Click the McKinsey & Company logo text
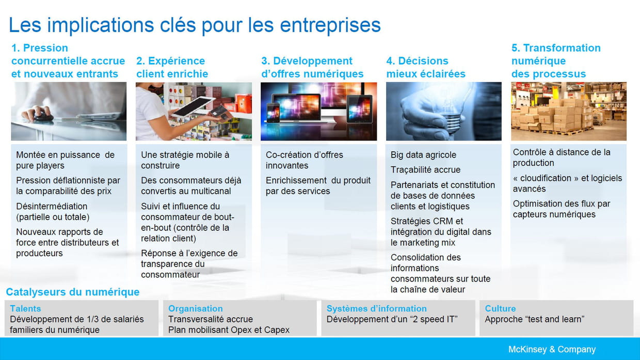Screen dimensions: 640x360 pos(552,349)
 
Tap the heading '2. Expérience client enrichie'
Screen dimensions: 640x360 pos(172,67)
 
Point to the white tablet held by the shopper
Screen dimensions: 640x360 pos(193,106)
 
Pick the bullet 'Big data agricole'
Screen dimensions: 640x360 pos(423,155)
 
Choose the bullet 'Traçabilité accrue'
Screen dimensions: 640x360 pos(425,169)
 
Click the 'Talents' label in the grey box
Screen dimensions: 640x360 pos(25,308)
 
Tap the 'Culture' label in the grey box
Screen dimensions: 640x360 pos(500,308)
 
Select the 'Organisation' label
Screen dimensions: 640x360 pos(196,308)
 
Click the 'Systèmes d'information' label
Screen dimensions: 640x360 pos(377,308)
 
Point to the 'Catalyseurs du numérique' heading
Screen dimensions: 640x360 pos(73,292)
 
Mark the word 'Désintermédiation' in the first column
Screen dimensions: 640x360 pos(52,206)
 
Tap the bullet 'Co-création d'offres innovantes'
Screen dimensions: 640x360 pos(305,160)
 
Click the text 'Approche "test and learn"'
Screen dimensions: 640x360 pos(535,319)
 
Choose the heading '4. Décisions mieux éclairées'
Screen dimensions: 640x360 pos(426,67)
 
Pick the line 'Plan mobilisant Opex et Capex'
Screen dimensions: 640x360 pos(229,330)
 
